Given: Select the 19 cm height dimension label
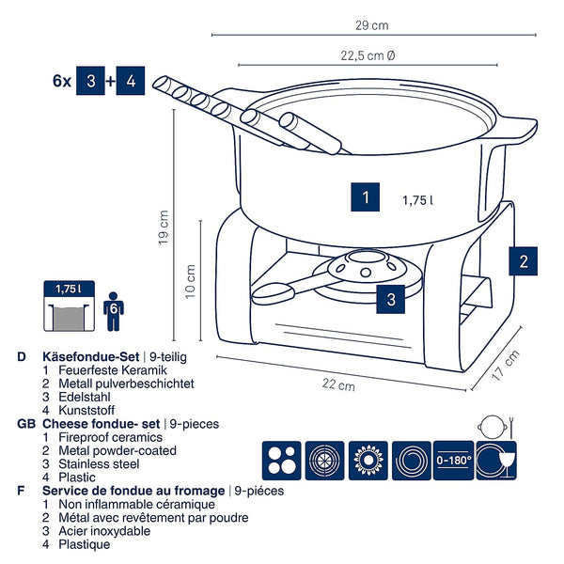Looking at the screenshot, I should [165, 228].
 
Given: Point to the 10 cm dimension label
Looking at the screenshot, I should [191, 279].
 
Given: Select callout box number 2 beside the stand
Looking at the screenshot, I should [524, 260].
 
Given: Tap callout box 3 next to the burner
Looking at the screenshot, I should [391, 300].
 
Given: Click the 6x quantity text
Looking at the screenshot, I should [63, 81].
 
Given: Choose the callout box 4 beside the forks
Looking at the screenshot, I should [131, 81].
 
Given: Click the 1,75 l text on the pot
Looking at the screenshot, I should [416, 200].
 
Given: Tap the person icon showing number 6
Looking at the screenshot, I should [113, 309].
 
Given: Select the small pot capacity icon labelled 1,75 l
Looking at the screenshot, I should [69, 305].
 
